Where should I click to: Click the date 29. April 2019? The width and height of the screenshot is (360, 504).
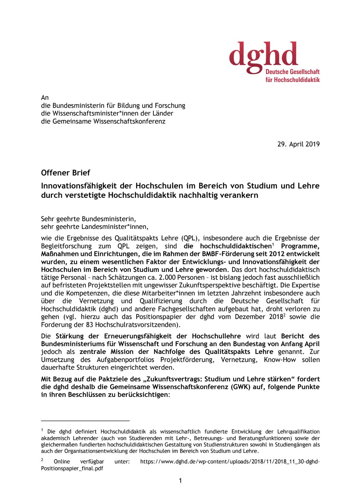pyautogui.click(x=298, y=144)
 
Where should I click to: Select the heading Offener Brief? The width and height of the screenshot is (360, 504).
pyautogui.click(x=66, y=173)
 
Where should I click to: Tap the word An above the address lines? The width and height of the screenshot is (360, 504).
pyautogui.click(x=45, y=98)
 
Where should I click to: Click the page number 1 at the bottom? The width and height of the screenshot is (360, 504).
pyautogui.click(x=180, y=481)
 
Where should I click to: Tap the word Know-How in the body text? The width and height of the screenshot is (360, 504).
pyautogui.click(x=280, y=360)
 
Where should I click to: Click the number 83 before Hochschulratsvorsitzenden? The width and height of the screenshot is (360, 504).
pyautogui.click(x=90, y=325)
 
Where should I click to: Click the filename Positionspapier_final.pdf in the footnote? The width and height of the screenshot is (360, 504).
pyautogui.click(x=72, y=468)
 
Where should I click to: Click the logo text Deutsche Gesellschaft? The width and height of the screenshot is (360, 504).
pyautogui.click(x=292, y=72)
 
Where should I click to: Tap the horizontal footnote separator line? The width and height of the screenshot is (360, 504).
pyautogui.click(x=85, y=421)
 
